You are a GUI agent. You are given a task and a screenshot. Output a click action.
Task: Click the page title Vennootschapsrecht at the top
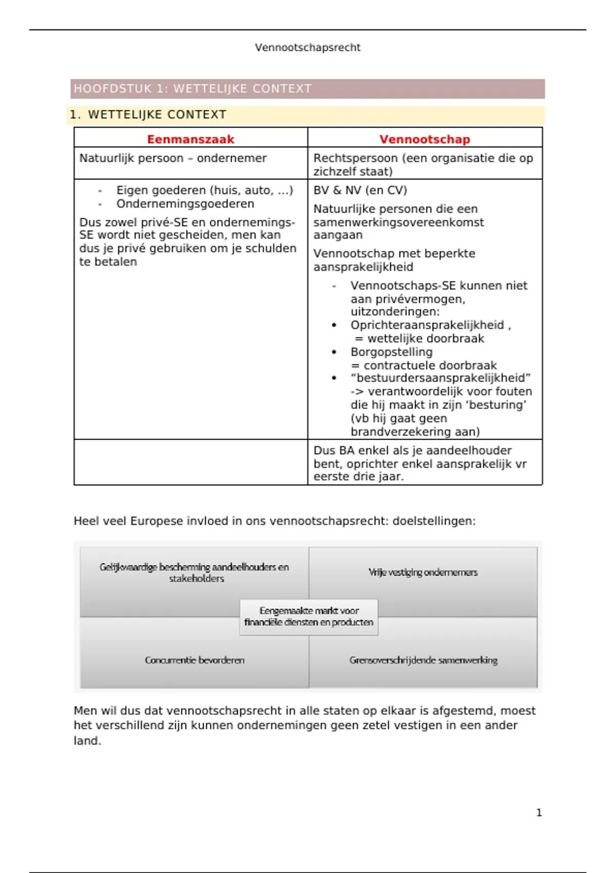tap(307, 48)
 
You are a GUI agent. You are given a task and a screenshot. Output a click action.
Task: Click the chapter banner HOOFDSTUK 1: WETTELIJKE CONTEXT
tap(192, 89)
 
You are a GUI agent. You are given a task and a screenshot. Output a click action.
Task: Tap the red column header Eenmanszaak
tap(190, 139)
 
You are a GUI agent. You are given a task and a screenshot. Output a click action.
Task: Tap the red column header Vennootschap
tap(425, 139)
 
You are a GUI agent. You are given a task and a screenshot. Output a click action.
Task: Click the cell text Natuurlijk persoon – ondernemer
tap(172, 158)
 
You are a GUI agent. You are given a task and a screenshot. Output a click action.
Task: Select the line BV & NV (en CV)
tap(360, 191)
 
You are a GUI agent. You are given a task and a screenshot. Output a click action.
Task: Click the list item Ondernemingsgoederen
tap(185, 204)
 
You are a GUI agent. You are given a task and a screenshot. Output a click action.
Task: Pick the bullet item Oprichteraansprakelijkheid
tap(427, 325)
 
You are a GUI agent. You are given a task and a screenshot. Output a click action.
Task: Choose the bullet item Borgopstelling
tap(391, 352)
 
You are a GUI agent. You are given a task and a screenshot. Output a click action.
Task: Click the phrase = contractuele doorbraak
tap(423, 366)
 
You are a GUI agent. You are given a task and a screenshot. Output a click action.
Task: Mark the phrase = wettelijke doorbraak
tap(419, 339)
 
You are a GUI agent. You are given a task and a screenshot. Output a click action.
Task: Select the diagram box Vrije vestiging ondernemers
tap(423, 573)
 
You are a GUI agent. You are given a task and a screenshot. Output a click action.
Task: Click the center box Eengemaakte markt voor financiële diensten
tap(309, 617)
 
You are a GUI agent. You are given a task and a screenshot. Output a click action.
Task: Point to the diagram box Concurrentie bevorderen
tap(195, 660)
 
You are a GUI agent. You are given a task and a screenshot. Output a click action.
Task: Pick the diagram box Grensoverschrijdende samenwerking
tap(423, 660)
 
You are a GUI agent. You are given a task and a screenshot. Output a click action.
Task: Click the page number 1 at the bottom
tap(538, 813)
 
